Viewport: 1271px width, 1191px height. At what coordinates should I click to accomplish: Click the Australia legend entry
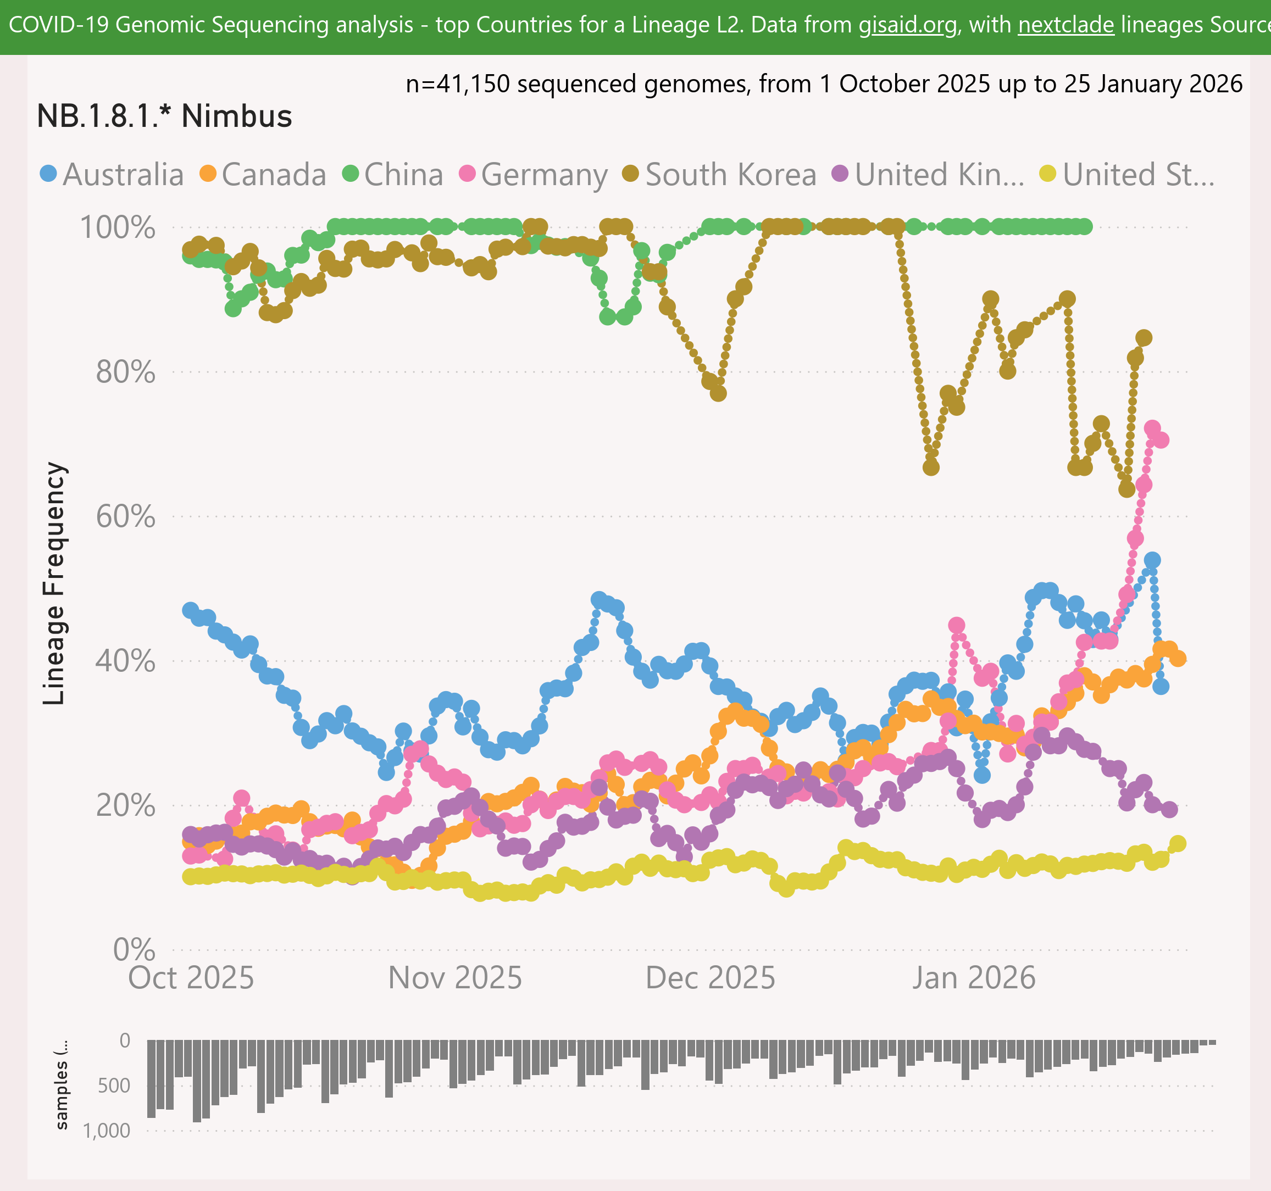(x=112, y=175)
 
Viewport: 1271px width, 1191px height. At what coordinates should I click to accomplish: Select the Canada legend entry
(x=263, y=175)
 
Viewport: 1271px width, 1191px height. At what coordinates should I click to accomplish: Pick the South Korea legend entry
(x=720, y=175)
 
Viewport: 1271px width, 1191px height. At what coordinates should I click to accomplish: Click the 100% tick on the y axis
(x=117, y=227)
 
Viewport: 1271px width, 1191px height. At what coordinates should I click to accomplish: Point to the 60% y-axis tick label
(x=125, y=516)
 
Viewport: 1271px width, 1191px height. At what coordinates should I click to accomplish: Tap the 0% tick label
(x=134, y=950)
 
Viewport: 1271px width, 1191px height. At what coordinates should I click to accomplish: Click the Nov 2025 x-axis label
(x=455, y=978)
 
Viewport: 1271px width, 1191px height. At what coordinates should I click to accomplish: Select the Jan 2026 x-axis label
(x=974, y=978)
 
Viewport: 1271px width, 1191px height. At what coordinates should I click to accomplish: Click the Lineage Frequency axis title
(x=54, y=583)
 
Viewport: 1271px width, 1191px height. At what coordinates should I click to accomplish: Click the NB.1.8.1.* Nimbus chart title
(x=164, y=116)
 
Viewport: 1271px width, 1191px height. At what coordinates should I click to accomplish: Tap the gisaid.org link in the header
(x=908, y=25)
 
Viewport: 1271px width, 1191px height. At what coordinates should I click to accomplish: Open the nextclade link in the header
(x=1066, y=25)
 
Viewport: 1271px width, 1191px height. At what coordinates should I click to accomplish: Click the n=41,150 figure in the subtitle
(x=457, y=84)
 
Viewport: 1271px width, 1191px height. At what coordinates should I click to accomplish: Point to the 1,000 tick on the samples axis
(x=106, y=1130)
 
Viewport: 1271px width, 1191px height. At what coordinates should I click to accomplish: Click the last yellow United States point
(x=1178, y=844)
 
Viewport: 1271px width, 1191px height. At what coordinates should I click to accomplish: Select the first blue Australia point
(x=191, y=610)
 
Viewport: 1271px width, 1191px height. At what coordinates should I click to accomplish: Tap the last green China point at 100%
(x=1085, y=226)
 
